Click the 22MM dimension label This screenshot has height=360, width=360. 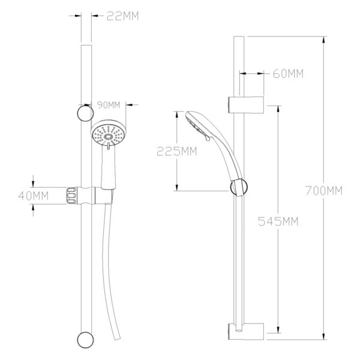coord(123,16)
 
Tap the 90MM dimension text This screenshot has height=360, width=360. coord(109,105)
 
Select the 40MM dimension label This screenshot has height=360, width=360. coord(34,196)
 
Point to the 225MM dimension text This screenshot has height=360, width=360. coord(177,151)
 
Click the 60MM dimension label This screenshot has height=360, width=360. coord(288,74)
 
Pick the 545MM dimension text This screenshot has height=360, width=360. coord(278,221)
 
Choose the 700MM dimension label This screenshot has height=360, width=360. coord(324,191)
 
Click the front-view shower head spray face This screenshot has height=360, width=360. coord(109,136)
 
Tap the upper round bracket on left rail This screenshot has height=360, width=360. coord(85,113)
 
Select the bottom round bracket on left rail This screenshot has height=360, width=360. coord(85,340)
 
